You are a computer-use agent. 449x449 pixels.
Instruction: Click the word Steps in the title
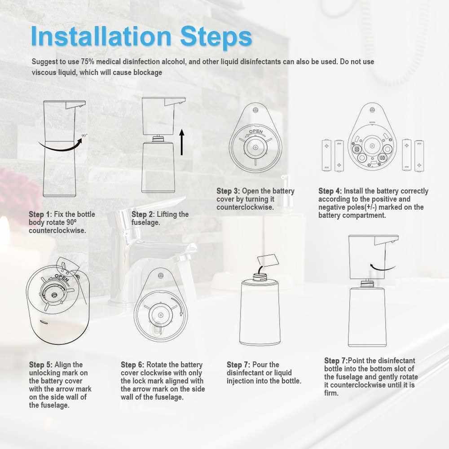(x=216, y=37)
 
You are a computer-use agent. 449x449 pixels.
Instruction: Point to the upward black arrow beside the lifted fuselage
(x=181, y=142)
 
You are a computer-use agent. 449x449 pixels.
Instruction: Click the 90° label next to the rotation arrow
(x=84, y=136)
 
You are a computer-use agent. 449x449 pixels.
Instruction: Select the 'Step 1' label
(x=40, y=214)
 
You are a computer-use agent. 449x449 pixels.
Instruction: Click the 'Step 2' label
(x=142, y=214)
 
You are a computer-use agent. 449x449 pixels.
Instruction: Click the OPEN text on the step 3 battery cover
(x=255, y=132)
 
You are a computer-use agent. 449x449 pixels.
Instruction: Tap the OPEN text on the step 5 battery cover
(x=62, y=277)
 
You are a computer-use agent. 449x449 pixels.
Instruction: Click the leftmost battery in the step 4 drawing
(x=326, y=155)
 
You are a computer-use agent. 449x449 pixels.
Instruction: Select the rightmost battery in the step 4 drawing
(x=419, y=156)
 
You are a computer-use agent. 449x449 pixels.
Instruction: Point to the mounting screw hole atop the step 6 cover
(x=161, y=276)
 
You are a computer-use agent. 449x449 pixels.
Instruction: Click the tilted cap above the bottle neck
(x=268, y=260)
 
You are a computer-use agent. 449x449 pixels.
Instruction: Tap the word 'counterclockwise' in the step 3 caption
(x=245, y=207)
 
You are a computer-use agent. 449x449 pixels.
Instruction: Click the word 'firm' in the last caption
(x=331, y=393)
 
